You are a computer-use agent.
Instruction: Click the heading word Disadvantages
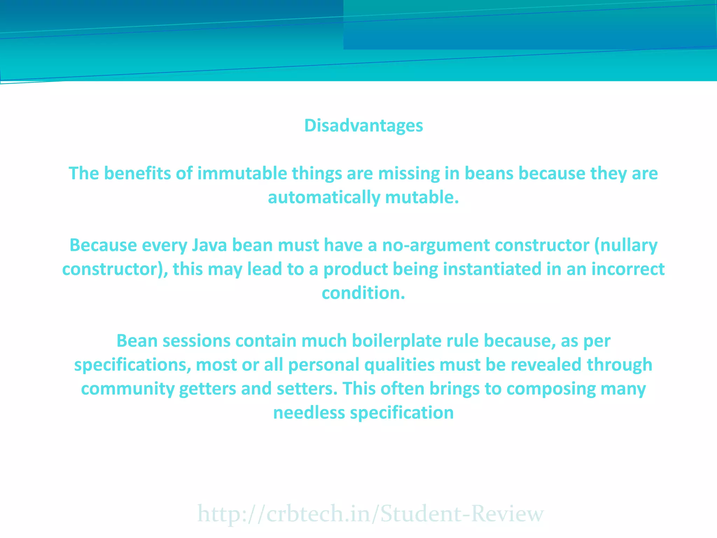(363, 126)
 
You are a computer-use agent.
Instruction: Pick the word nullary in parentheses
(628, 245)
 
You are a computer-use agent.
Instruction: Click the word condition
(363, 293)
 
